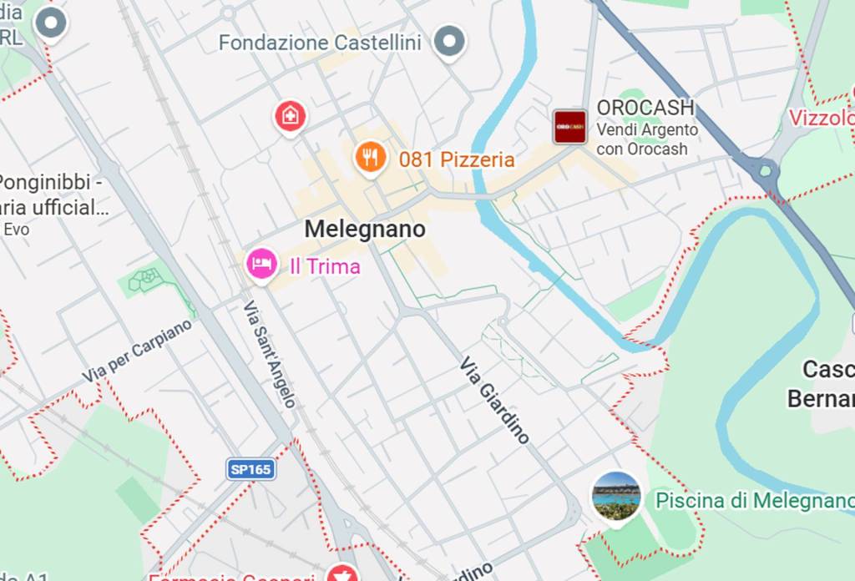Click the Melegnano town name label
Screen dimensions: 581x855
tap(365, 229)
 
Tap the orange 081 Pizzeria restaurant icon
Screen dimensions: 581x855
tap(370, 156)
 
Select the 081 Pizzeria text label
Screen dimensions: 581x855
tap(456, 159)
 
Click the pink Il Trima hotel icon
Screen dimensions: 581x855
tap(261, 264)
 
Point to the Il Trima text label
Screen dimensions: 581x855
tap(325, 266)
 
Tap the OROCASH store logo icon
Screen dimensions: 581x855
tap(570, 127)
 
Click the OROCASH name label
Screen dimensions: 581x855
tap(645, 108)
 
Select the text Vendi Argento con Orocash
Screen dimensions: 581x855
tap(647, 139)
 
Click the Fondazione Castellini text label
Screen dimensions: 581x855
tap(320, 43)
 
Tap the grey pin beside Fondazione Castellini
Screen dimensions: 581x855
tap(450, 41)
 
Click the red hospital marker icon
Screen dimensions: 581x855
tap(290, 115)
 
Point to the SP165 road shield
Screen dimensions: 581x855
tap(250, 469)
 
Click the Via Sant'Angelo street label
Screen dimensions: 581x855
tap(270, 354)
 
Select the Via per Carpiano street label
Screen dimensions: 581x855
tap(137, 351)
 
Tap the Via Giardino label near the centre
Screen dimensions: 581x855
tap(495, 400)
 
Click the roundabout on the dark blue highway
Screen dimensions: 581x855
tap(764, 170)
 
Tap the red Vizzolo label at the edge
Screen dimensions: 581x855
tap(823, 118)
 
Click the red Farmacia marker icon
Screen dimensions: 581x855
tap(341, 574)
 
